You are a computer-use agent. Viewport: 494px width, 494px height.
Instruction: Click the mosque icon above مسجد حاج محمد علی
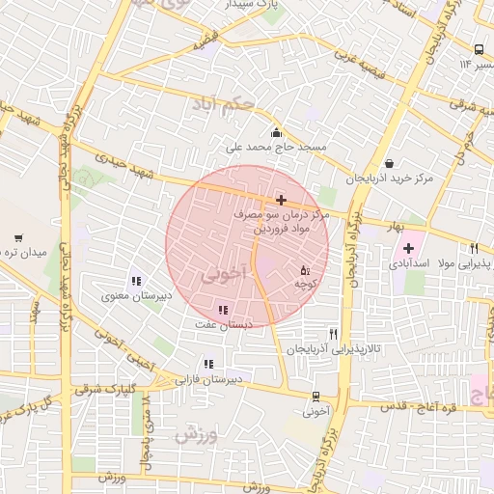[x=277, y=133]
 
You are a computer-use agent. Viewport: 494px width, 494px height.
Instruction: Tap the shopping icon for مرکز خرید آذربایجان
[x=388, y=163]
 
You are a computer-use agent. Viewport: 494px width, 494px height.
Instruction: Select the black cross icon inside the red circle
[x=281, y=200]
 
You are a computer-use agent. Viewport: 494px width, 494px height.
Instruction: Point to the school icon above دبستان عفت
[x=224, y=310]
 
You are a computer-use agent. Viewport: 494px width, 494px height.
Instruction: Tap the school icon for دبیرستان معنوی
[x=135, y=281]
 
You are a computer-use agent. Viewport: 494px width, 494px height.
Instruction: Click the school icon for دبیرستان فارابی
[x=208, y=365]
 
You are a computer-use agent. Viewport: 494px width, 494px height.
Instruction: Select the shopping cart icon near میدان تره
[x=18, y=237]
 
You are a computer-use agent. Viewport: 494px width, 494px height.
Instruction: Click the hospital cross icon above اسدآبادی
[x=409, y=248]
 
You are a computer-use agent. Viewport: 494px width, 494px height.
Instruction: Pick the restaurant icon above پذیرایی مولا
[x=474, y=248]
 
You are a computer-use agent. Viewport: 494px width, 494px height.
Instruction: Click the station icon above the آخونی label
[x=316, y=395]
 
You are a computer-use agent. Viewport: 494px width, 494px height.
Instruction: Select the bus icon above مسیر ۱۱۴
[x=480, y=50]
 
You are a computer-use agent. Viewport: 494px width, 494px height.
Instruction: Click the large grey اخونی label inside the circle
[x=224, y=275]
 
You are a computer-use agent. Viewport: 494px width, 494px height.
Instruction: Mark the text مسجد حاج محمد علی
[x=276, y=149]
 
